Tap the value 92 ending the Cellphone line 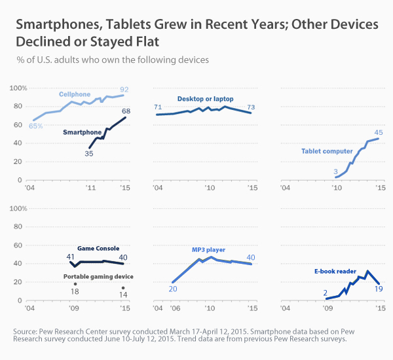pos(123,88)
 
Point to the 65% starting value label pos(35,126)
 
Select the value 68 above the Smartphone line pos(126,111)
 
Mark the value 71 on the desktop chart pos(158,107)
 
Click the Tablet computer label pos(327,151)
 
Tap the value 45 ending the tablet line pos(379,133)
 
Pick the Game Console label pos(98,249)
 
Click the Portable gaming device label pos(98,277)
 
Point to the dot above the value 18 pos(75,283)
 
